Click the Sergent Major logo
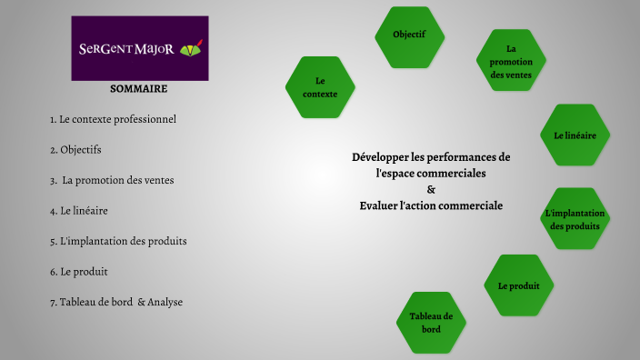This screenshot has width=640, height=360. coord(140,48)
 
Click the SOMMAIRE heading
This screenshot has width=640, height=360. coord(138,89)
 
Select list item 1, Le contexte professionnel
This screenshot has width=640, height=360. coord(113,119)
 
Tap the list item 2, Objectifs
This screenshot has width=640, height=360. coord(75,149)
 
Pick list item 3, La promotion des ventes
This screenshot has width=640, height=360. coord(112,180)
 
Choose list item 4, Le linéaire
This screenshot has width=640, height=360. coord(79,210)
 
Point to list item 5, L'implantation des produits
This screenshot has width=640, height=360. coord(118,241)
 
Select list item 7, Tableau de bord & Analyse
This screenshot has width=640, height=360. coord(116,302)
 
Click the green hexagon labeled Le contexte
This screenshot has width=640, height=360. coord(320,87)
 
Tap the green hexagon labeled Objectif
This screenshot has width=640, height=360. coord(409,35)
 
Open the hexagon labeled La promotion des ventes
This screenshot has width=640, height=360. coord(511,61)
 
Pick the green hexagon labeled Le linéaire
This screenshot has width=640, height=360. coord(575,135)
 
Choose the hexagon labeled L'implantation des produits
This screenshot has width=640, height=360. coord(575,219)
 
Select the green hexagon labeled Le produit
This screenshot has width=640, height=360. coord(518,285)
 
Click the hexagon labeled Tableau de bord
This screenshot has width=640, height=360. coord(431,322)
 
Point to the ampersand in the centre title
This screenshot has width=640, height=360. coord(431,189)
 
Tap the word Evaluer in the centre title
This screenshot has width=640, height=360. coord(379,205)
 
